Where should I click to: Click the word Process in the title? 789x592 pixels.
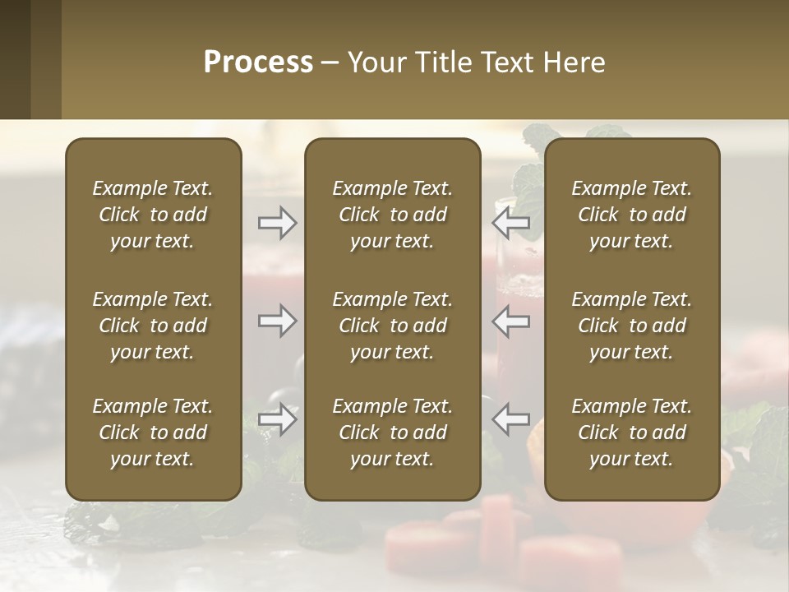(258, 62)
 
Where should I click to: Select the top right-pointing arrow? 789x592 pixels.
(278, 223)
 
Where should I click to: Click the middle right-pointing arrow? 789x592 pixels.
(278, 321)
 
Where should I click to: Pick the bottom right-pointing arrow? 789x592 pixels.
(278, 419)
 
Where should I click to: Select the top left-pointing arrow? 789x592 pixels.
(511, 223)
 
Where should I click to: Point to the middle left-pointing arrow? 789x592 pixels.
(511, 321)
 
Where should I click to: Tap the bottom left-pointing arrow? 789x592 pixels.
(511, 419)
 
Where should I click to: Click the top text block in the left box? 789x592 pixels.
(153, 215)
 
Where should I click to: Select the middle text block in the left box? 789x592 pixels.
(153, 326)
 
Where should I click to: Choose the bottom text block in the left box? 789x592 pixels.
(153, 432)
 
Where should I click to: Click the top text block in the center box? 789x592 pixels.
(393, 215)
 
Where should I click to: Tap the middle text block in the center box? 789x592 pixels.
(393, 326)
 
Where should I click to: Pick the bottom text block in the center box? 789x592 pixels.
(393, 432)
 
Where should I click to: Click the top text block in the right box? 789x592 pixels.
(632, 215)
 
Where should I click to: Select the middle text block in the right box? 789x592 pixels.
(632, 326)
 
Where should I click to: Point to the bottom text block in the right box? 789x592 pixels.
(632, 432)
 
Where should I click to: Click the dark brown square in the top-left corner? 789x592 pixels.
(15, 59)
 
